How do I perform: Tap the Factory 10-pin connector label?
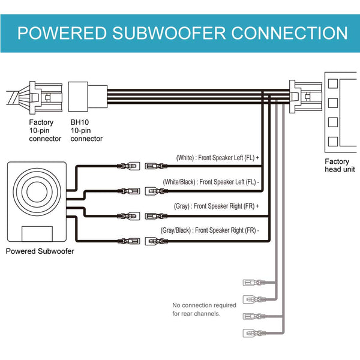[x=46, y=130]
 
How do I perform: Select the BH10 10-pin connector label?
[x=86, y=130]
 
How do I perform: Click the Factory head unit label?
[x=337, y=166]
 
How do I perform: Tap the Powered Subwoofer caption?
[x=40, y=251]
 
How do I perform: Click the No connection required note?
[x=204, y=309]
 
